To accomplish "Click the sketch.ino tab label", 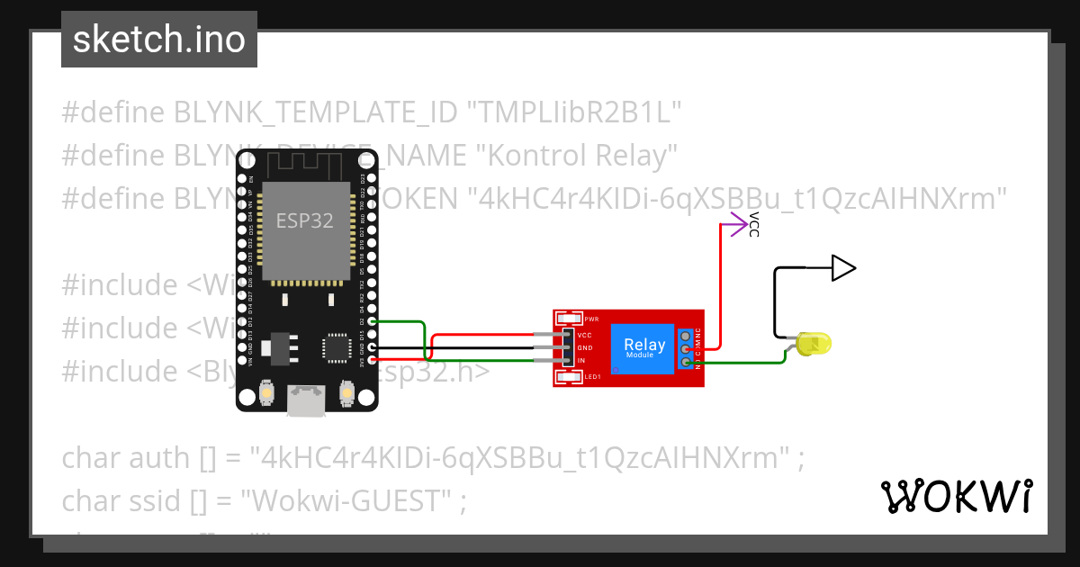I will pos(159,40).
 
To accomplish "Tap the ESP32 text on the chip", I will pos(304,221).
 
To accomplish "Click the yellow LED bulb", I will pos(815,343).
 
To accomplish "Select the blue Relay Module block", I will pos(644,348).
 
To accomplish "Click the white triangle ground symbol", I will pos(842,267).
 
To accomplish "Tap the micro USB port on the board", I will pos(306,400).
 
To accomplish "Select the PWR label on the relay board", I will pos(591,319).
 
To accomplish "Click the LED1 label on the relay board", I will pos(592,378).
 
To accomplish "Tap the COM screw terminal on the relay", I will pos(687,349).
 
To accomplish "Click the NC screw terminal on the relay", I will pos(687,336).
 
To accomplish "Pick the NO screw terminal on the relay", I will pos(687,363).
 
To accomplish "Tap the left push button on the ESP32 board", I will pos(267,392).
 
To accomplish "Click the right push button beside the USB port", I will pos(346,392).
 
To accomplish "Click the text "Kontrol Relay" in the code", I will pos(580,156).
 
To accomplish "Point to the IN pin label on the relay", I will pos(581,360).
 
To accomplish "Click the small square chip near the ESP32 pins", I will pos(337,346).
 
